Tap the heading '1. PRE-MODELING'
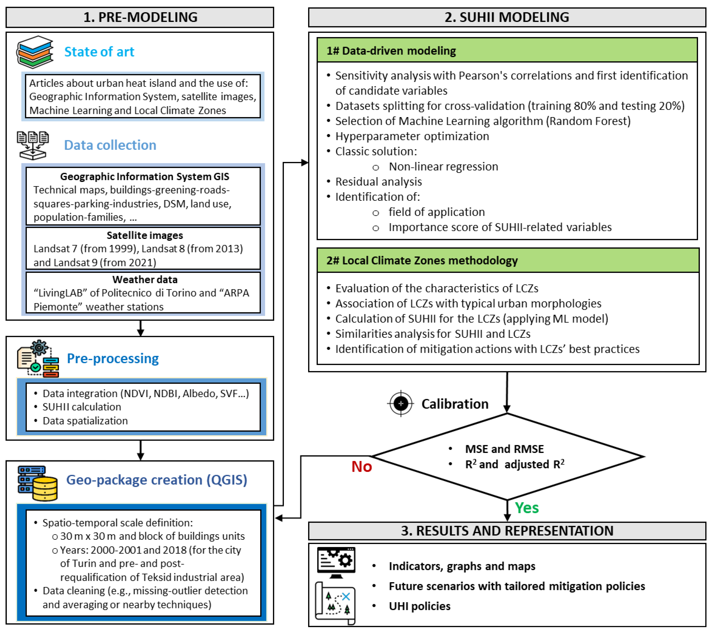[140, 17]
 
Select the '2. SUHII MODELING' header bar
[507, 17]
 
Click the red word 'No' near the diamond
[361, 467]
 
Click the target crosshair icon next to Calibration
[401, 404]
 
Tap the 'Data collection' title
[110, 145]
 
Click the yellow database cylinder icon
[45, 488]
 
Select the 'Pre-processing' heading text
[113, 359]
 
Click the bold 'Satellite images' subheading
[145, 235]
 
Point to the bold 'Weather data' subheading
[145, 280]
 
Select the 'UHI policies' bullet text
[419, 606]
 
